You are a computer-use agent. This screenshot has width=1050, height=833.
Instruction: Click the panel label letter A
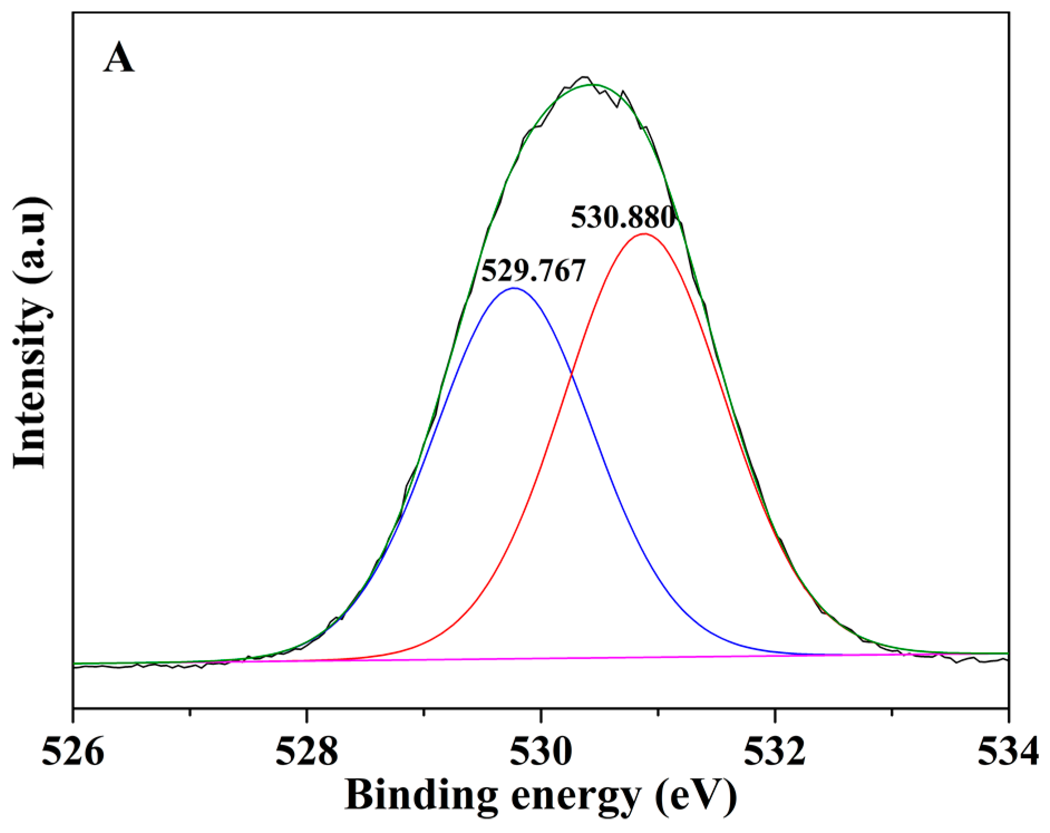[118, 59]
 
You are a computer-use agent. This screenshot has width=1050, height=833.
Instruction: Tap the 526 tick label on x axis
[72, 752]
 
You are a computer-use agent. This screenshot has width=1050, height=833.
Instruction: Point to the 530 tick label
[541, 752]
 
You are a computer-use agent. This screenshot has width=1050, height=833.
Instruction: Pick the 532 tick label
[775, 752]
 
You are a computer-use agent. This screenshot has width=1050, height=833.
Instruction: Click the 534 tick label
[1008, 752]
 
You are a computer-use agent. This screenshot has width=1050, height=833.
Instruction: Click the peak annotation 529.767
[533, 271]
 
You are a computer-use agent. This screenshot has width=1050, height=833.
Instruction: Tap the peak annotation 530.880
[623, 218]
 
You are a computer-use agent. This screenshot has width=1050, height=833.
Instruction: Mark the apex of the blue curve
[514, 288]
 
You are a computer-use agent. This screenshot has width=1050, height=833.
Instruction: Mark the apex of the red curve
[644, 233]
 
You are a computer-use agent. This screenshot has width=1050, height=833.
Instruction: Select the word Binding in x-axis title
[421, 795]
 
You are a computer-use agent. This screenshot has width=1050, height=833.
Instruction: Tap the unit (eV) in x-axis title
[696, 795]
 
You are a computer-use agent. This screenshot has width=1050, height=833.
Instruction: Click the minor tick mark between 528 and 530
[424, 713]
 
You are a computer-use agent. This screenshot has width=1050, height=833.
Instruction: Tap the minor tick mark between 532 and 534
[892, 713]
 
